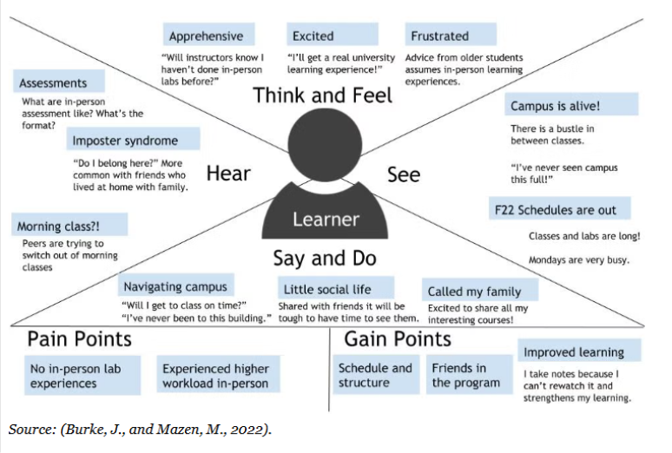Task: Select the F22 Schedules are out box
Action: [559, 209]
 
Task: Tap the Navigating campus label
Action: [176, 286]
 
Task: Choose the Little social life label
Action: [337, 288]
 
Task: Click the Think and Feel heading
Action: [323, 95]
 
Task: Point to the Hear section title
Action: [228, 174]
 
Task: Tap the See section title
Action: [404, 174]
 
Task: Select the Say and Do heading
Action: [324, 258]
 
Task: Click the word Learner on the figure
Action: [326, 219]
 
